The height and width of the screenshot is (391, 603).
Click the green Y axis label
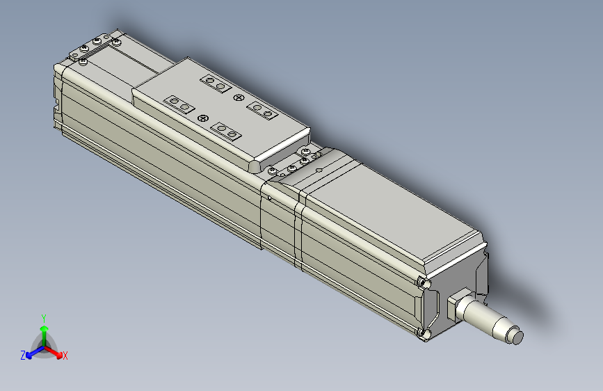point(43,317)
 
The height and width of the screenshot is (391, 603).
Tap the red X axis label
point(65,356)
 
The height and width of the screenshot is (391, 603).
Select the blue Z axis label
point(23,355)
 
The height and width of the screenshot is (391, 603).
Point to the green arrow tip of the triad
point(44,328)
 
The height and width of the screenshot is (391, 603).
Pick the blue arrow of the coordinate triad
point(31,353)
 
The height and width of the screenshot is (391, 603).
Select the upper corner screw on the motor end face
point(423,282)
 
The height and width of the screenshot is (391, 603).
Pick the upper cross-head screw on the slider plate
point(239,97)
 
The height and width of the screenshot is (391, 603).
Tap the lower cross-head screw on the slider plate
point(203,118)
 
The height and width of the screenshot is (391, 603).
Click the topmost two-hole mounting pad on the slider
point(215,84)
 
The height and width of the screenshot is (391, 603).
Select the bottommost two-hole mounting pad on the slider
point(226,131)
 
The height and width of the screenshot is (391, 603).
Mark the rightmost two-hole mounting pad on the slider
point(263,110)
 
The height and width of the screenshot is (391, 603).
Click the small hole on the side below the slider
point(270,197)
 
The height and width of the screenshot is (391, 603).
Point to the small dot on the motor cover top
point(318,168)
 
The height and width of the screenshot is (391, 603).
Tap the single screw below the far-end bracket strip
point(83,62)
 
